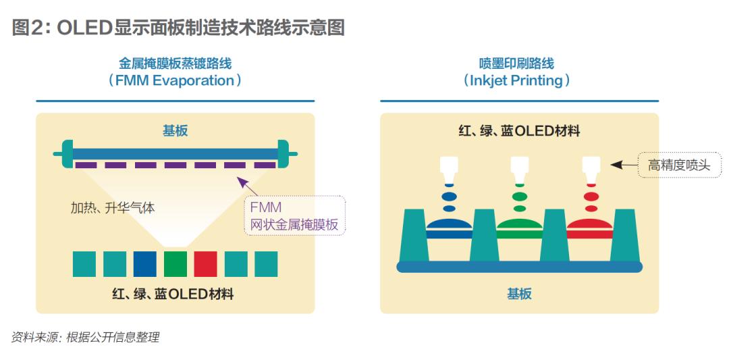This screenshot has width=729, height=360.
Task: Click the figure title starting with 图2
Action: [179, 27]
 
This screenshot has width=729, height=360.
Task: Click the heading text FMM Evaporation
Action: [175, 80]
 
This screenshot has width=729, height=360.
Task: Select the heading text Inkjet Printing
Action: [517, 80]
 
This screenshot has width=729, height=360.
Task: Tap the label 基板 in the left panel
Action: [175, 130]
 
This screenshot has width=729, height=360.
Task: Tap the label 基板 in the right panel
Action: [519, 294]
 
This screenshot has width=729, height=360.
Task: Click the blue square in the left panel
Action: [145, 263]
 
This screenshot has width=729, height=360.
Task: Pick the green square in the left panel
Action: [175, 263]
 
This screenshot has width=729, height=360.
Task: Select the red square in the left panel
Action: [205, 263]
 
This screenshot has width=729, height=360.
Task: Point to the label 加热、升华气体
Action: [113, 208]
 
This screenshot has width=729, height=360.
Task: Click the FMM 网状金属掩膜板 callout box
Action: [294, 215]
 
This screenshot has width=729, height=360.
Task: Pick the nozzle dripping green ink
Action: [519, 169]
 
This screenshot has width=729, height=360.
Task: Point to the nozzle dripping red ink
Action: [591, 169]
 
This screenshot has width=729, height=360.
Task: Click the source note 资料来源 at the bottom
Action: [85, 337]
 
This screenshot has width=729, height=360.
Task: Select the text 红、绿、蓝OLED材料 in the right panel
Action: [519, 130]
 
